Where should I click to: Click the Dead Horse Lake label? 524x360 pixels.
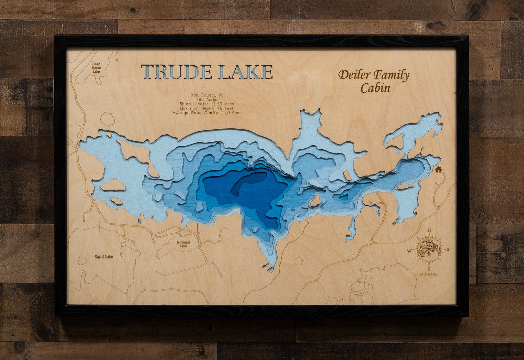pyautogui.click(x=96, y=68)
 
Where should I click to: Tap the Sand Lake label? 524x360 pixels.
pyautogui.click(x=104, y=257)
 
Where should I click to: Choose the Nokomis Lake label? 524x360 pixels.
pyautogui.click(x=183, y=244)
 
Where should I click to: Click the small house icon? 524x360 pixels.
pyautogui.click(x=438, y=169)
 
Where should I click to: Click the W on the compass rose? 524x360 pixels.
pyautogui.click(x=409, y=251)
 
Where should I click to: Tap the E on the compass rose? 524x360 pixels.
pyautogui.click(x=447, y=249)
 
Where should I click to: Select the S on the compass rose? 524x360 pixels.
pyautogui.click(x=429, y=269)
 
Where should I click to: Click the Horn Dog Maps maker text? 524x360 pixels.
pyautogui.click(x=428, y=274)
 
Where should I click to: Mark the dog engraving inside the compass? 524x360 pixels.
pyautogui.click(x=429, y=249)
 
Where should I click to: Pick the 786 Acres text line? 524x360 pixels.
pyautogui.click(x=207, y=100)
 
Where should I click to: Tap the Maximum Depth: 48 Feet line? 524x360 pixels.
pyautogui.click(x=207, y=108)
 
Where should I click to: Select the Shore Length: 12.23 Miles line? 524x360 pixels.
pyautogui.click(x=207, y=104)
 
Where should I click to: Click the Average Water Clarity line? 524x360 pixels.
pyautogui.click(x=207, y=113)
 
